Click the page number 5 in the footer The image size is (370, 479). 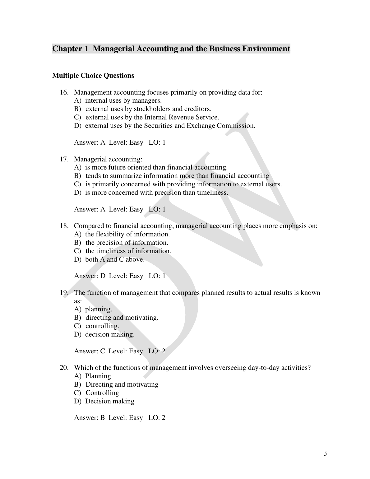[x=325, y=454]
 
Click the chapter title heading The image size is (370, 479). [x=171, y=49]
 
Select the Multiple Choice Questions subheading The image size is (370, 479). [x=93, y=76]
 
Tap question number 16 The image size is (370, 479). [x=64, y=92]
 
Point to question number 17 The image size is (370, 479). [x=64, y=159]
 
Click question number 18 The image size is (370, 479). [x=64, y=226]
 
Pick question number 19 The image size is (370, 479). [x=64, y=293]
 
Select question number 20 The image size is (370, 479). [x=64, y=368]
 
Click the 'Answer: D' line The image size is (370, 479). [x=120, y=276]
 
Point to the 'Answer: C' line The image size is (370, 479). [x=120, y=351]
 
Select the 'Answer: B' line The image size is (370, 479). [x=120, y=418]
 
